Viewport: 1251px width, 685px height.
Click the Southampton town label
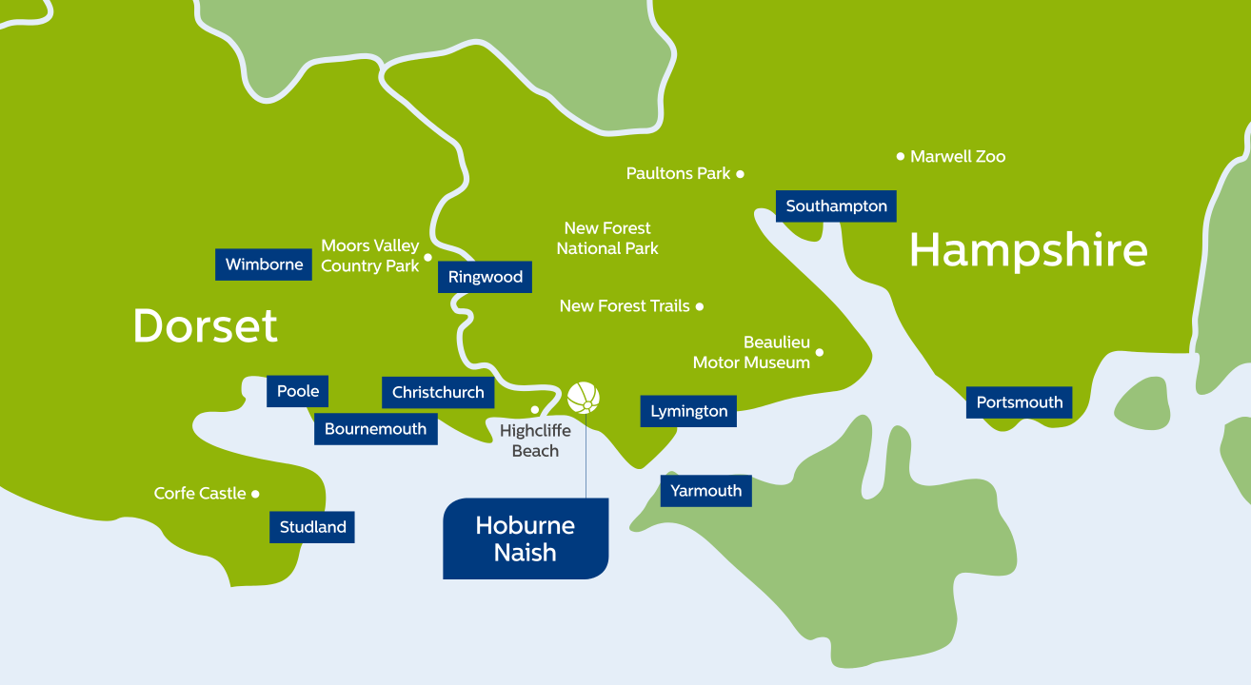click(x=836, y=206)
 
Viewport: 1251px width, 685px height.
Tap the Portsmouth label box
click(x=1019, y=402)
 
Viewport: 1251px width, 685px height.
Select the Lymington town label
click(x=688, y=412)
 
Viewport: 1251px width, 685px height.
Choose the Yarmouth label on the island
click(x=705, y=491)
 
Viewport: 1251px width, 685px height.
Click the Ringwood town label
click(x=485, y=277)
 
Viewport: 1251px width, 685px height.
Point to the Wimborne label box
click(x=264, y=264)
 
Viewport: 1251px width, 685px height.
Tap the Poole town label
click(x=297, y=391)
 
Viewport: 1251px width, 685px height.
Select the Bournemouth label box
click(x=375, y=429)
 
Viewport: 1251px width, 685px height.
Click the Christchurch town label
click(x=438, y=392)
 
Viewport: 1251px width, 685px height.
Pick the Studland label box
click(x=312, y=527)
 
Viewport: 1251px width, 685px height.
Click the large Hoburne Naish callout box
click(x=526, y=538)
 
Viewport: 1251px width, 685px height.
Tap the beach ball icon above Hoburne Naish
click(x=584, y=398)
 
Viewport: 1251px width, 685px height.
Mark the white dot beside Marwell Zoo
click(x=900, y=156)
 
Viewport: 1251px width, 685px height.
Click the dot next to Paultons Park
click(x=740, y=174)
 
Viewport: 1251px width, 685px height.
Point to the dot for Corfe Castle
click(x=255, y=494)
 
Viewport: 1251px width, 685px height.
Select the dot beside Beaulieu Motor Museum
click(x=819, y=353)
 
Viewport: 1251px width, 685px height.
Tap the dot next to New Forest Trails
click(x=700, y=306)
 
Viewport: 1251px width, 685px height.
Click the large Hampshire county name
click(x=1028, y=251)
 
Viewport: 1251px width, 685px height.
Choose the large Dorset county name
click(x=206, y=325)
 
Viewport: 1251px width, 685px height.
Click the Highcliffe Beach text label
click(x=535, y=440)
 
